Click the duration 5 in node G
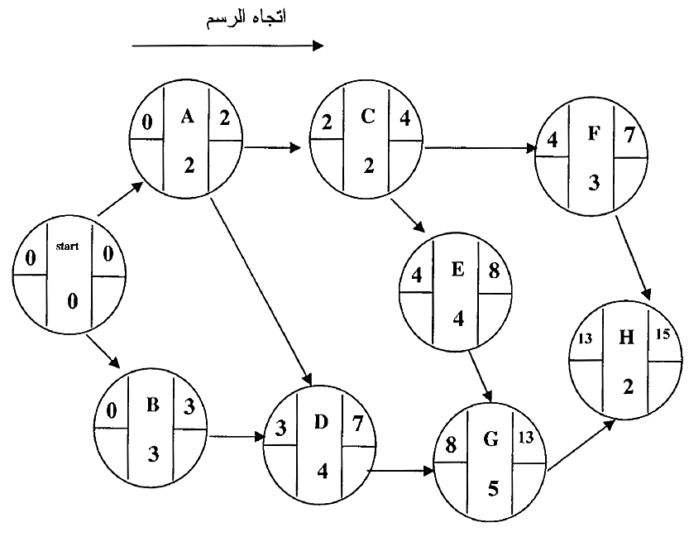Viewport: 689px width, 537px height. click(x=492, y=488)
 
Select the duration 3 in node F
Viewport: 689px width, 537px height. click(x=593, y=182)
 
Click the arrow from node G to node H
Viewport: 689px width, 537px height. click(x=581, y=448)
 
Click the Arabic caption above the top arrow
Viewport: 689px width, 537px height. click(x=246, y=17)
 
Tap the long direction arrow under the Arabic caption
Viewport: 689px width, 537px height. click(x=227, y=47)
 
